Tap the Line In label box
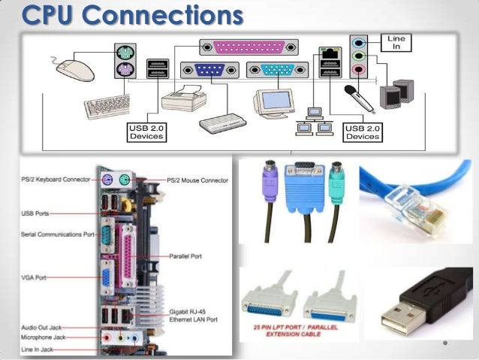[x=396, y=42]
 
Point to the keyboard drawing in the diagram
[x=109, y=105]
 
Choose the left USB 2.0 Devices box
[x=147, y=132]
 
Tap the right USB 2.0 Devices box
[x=362, y=132]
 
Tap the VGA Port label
[x=34, y=278]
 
